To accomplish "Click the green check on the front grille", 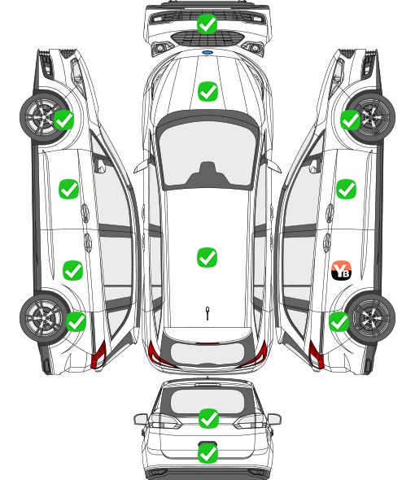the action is coord(207,24).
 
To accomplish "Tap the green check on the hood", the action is coord(207,91).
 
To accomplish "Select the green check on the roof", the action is coord(207,257).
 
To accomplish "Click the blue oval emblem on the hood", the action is coord(207,52).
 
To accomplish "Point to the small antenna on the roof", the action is coord(207,313).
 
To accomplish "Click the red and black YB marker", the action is coord(342,270).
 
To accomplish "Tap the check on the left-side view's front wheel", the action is coord(64,120).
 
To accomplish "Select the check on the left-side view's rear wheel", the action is coord(76,321).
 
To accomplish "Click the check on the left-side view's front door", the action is coord(68,190).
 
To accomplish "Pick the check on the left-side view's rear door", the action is coord(72,270).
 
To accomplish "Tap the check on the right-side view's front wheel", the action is coord(351,120).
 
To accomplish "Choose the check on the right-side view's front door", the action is coord(346,190).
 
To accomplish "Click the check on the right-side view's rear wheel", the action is coord(339,321).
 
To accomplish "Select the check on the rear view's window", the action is coord(208,418).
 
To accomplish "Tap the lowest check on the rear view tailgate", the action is coord(207,453).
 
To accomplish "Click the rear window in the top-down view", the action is coord(207,353).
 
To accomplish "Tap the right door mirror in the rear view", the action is coord(273,419).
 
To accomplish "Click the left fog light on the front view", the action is coord(159,48).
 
